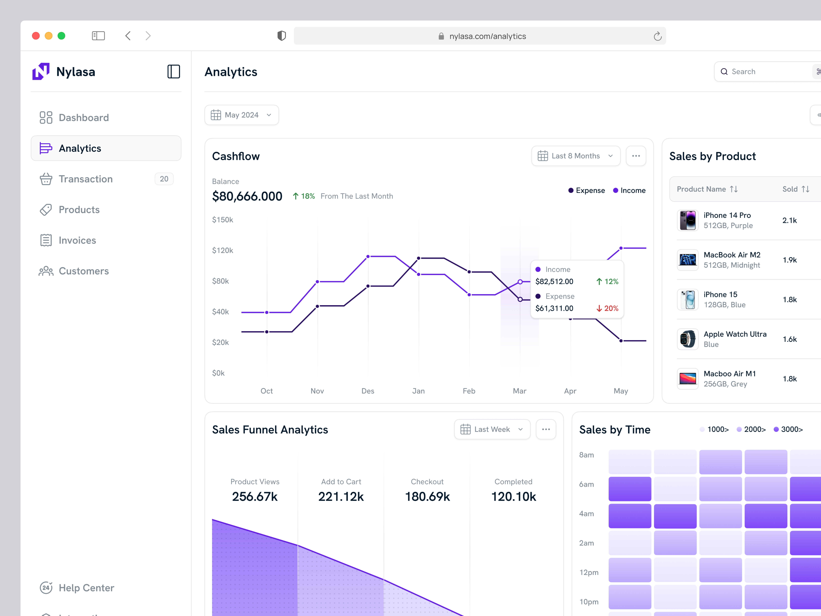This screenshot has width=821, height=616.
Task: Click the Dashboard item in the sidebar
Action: coord(84,118)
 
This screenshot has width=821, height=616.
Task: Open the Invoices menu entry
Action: coord(77,240)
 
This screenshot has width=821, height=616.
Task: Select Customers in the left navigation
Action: coord(84,271)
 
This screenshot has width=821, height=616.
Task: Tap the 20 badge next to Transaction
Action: coord(164,179)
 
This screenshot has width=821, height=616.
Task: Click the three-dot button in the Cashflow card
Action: coord(636,156)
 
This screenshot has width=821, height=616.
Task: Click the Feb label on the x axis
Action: coord(469,391)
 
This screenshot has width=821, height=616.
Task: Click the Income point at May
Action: coord(621,248)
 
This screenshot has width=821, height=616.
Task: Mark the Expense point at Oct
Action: coord(267,332)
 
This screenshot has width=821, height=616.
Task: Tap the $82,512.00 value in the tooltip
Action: coord(554,281)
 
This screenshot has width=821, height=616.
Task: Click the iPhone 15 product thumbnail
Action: coord(687,300)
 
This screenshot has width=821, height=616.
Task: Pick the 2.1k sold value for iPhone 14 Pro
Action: coord(789,221)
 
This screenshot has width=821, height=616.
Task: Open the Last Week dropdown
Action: coord(492,429)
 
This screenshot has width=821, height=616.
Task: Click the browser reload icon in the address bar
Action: coord(657,36)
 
